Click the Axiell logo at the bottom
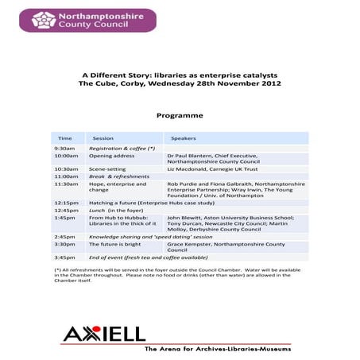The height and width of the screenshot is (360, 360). point(104,334)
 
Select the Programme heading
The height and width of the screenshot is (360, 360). point(180,115)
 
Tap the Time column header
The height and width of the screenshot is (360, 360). point(64,137)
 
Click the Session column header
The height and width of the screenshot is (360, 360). point(103,137)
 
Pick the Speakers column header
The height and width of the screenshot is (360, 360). point(184,137)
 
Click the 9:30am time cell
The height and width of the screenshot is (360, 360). point(64,149)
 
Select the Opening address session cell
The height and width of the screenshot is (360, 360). point(107,156)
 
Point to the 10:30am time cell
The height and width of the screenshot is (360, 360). point(65,169)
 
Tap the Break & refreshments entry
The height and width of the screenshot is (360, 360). point(118,176)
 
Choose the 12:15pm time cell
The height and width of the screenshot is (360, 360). point(66,203)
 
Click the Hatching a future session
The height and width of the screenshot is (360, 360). point(139,203)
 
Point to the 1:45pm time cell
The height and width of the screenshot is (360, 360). point(64,217)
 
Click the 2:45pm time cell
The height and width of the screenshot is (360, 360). point(64,237)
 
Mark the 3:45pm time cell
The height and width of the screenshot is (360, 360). point(64,257)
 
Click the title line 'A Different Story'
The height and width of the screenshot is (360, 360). point(180,75)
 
